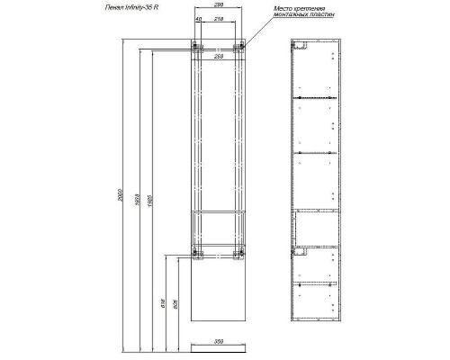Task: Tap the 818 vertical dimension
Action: point(164,305)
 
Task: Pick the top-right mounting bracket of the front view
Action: point(239,47)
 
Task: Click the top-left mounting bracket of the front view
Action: point(195,47)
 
